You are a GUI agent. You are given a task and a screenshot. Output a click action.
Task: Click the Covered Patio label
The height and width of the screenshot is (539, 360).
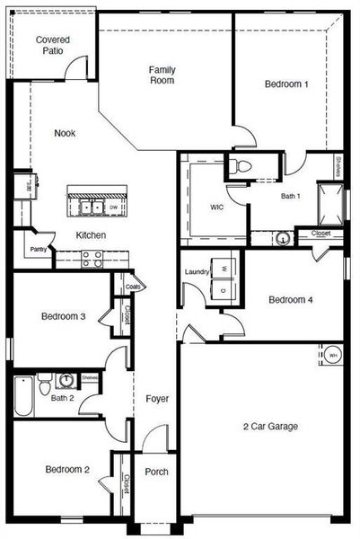coord(52,46)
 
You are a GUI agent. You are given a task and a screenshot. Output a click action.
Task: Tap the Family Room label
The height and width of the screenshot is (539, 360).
coord(162,75)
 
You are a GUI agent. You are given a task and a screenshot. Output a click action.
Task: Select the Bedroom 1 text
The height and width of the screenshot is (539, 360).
coord(286,84)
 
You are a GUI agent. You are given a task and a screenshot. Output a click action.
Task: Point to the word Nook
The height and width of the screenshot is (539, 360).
coord(65,133)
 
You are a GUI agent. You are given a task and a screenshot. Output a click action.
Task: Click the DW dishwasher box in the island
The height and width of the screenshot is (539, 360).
coord(112,208)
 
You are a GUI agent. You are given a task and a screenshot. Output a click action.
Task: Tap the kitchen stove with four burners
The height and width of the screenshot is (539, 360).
coord(92,258)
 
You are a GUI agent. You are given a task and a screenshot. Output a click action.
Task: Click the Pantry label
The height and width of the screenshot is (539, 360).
coord(38,250)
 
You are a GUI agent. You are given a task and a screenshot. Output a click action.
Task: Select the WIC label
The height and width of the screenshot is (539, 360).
coord(216,207)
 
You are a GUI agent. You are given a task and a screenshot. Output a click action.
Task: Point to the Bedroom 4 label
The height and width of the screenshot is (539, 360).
coord(291,300)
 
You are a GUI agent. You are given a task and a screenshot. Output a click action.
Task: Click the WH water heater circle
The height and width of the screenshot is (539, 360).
coord(331,355)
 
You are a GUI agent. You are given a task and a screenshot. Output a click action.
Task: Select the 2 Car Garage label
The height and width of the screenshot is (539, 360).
coord(270,426)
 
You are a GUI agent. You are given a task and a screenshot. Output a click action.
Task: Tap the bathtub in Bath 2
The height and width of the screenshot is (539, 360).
coord(22,396)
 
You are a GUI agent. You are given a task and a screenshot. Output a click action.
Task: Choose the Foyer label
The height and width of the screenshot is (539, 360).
coord(157,398)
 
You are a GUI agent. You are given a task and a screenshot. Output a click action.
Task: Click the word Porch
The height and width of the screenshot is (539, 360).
coord(156,473)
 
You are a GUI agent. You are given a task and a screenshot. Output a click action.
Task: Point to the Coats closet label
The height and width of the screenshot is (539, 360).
coord(133,287)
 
